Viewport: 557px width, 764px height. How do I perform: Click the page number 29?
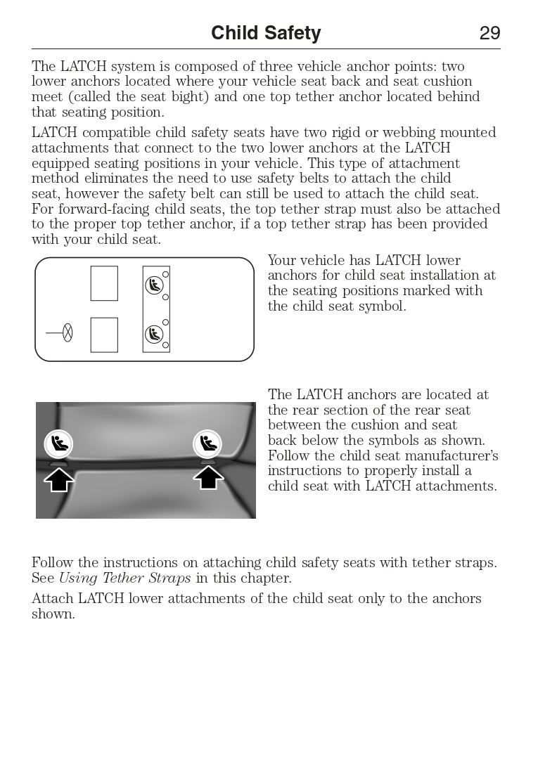tap(489, 33)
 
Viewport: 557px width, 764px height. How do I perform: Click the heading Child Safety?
tap(266, 33)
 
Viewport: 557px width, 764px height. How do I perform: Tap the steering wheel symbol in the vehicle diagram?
tap(68, 332)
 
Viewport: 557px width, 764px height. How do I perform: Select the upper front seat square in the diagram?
tap(104, 283)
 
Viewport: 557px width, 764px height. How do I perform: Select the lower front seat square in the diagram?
tap(104, 335)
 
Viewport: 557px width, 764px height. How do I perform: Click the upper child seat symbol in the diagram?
tap(154, 285)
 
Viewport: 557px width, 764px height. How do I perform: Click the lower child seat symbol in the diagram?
tap(154, 335)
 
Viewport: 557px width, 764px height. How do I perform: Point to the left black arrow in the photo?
tap(59, 479)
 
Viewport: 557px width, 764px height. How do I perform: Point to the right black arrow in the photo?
tap(208, 478)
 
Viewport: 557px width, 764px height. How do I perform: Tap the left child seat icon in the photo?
tap(58, 444)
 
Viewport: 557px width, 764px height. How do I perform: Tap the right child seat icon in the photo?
tap(207, 443)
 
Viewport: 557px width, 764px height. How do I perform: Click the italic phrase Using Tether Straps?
tap(124, 578)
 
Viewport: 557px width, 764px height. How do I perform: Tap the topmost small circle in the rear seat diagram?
tap(166, 274)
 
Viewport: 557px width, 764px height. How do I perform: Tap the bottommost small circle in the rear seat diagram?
tap(166, 345)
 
